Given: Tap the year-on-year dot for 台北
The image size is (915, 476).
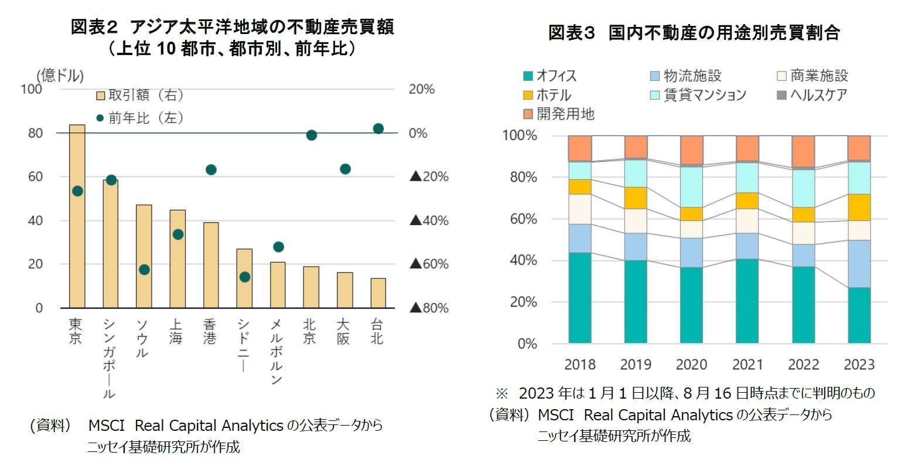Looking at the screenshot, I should [x=378, y=128].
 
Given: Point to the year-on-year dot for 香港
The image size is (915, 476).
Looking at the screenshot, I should [x=211, y=170].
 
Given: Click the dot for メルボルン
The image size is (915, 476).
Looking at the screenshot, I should [x=278, y=247].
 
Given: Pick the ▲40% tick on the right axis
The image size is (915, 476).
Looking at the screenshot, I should [x=429, y=220].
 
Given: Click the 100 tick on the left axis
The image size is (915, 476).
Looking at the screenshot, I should [x=32, y=89].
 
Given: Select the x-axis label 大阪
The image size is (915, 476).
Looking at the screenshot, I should [x=343, y=332].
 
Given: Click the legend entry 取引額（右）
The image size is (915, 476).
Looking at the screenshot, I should [x=141, y=95].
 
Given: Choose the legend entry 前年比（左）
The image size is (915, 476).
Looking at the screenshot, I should [x=141, y=118].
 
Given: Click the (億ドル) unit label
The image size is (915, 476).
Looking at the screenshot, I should [x=60, y=76].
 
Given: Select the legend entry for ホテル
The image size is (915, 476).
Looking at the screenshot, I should [x=547, y=95].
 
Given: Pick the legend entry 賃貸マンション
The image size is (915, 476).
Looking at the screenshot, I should [x=698, y=95].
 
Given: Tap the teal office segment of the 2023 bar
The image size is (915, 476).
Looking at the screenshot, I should [x=859, y=315].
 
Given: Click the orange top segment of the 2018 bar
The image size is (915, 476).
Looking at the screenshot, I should [x=580, y=149].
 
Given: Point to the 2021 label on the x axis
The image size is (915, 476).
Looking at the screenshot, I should [x=747, y=365].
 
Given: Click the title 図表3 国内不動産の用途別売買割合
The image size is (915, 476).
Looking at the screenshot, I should [x=694, y=33].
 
